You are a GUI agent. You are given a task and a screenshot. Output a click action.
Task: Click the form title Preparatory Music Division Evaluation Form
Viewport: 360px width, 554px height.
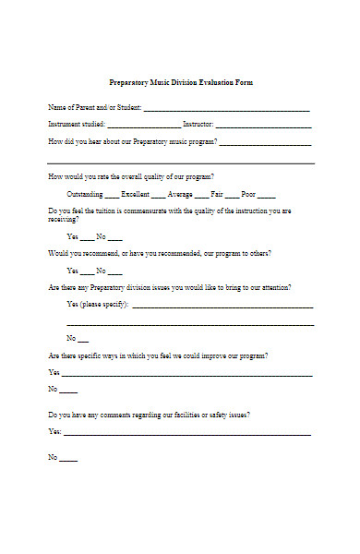[180, 83]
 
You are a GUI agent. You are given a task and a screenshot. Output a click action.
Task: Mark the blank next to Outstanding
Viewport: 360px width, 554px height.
[112, 197]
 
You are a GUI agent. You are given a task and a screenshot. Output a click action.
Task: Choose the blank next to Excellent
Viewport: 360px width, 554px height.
[159, 197]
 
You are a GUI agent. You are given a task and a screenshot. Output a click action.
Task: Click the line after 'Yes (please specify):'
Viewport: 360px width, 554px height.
[222, 306]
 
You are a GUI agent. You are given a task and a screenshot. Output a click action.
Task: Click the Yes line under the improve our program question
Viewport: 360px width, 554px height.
[186, 375]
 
